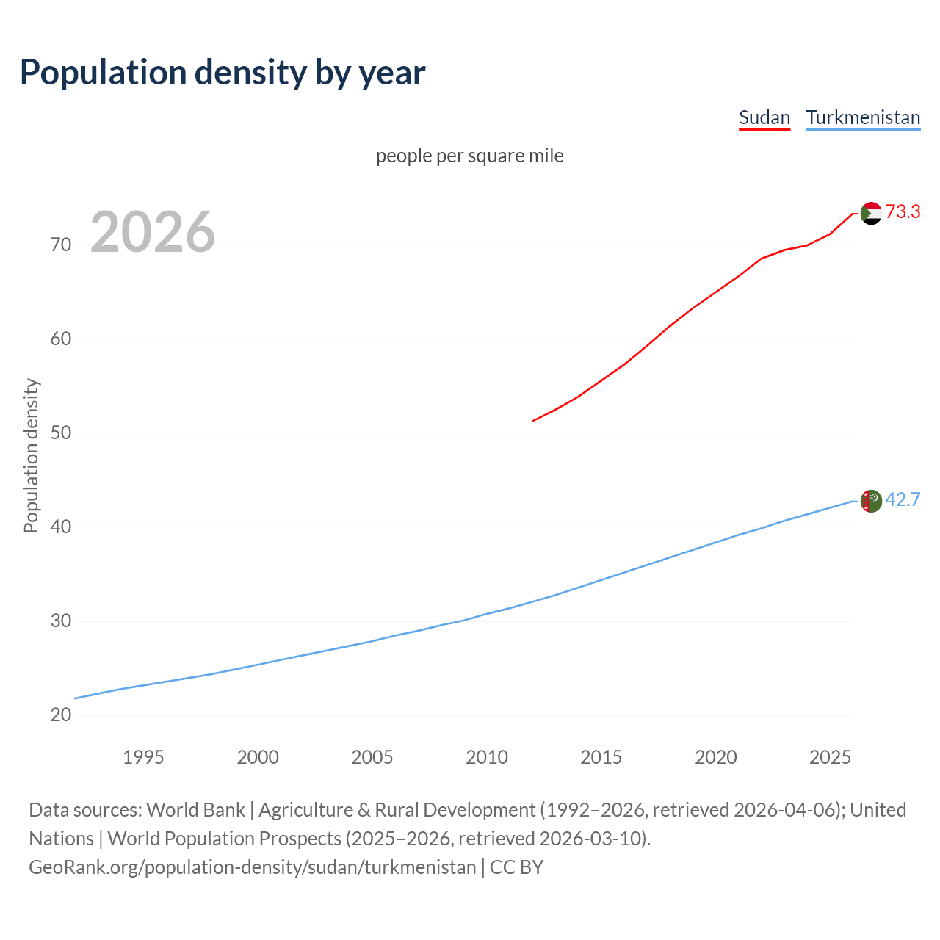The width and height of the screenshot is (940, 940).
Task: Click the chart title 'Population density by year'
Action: click(223, 72)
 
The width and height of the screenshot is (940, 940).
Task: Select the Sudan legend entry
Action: click(764, 118)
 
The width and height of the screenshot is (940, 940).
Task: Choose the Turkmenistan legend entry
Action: click(863, 118)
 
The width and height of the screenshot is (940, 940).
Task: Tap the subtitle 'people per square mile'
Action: click(470, 156)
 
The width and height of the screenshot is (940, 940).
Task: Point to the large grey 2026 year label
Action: click(153, 232)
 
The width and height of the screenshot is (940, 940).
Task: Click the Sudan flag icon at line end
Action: click(871, 213)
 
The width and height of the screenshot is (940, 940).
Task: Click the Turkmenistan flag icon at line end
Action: click(871, 501)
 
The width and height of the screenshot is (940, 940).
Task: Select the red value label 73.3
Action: click(903, 212)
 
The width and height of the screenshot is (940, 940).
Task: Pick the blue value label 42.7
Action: click(903, 500)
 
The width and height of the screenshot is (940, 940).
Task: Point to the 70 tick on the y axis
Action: click(61, 245)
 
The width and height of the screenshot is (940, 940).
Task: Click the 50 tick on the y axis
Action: click(61, 433)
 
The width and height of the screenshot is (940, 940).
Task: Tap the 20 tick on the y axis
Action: click(61, 715)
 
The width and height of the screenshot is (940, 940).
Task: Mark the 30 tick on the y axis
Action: click(61, 621)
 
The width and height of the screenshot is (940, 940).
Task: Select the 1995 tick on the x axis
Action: click(143, 757)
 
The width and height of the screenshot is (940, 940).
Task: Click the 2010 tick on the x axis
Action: click(487, 757)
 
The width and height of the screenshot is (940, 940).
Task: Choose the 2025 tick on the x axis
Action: click(830, 757)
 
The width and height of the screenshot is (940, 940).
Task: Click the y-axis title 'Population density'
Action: click(31, 455)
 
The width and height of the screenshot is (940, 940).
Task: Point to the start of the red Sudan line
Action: click(533, 421)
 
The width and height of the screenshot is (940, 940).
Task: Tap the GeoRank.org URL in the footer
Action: click(252, 867)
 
